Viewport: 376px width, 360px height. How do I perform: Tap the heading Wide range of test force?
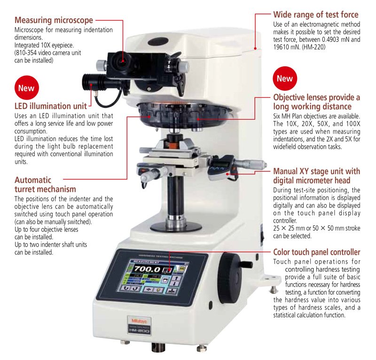tap(315, 15)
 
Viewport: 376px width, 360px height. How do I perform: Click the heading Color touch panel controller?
tap(317, 252)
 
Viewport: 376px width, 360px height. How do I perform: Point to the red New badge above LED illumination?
tap(26, 88)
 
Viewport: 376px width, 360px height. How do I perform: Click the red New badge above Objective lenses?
tap(284, 79)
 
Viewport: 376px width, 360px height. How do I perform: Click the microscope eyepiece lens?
tap(123, 60)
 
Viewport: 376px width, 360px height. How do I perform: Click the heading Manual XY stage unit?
tap(317, 176)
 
